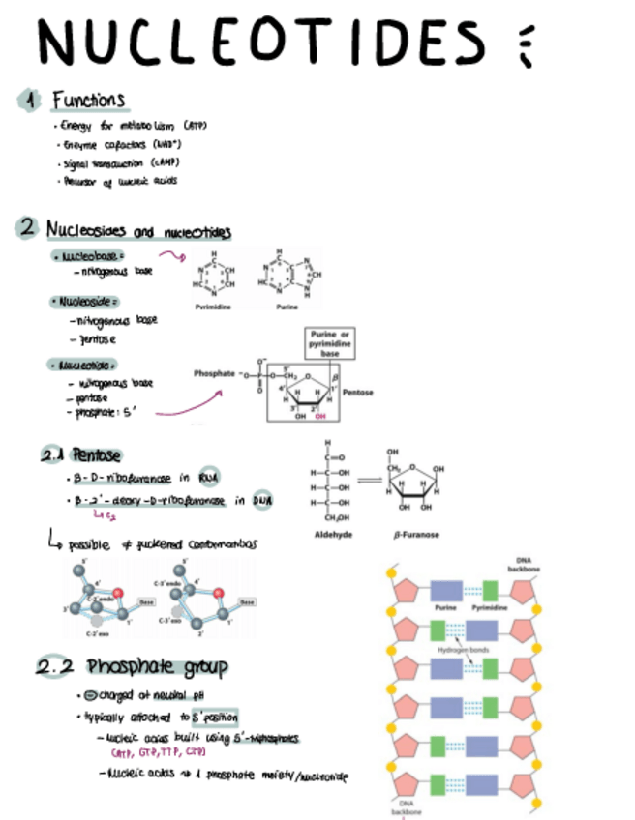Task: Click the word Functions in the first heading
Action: [88, 100]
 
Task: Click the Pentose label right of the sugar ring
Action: [386, 393]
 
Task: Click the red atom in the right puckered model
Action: [218, 593]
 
